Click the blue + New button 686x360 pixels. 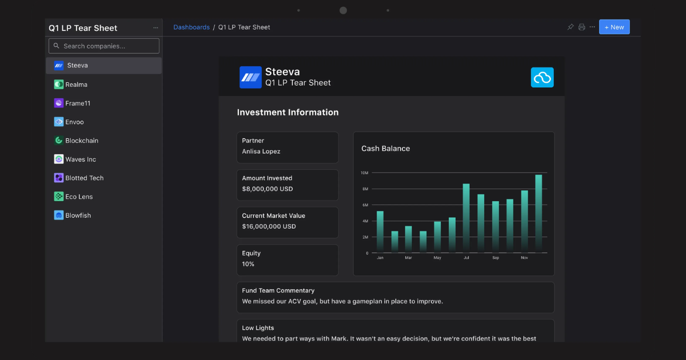(x=615, y=27)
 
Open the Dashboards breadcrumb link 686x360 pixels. (x=192, y=27)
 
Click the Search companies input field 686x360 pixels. (x=104, y=46)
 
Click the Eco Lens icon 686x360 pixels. (x=58, y=197)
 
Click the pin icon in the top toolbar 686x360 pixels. (x=571, y=27)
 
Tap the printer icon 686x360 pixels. (x=581, y=27)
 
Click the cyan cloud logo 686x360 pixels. (x=542, y=78)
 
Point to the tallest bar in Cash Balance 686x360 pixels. (x=539, y=214)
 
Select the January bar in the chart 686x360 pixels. (x=380, y=232)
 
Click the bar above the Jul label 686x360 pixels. (x=466, y=218)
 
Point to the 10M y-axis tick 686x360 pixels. (x=365, y=173)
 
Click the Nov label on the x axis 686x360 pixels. (x=524, y=258)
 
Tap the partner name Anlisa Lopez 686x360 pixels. (x=261, y=151)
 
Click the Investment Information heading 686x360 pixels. (x=288, y=113)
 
